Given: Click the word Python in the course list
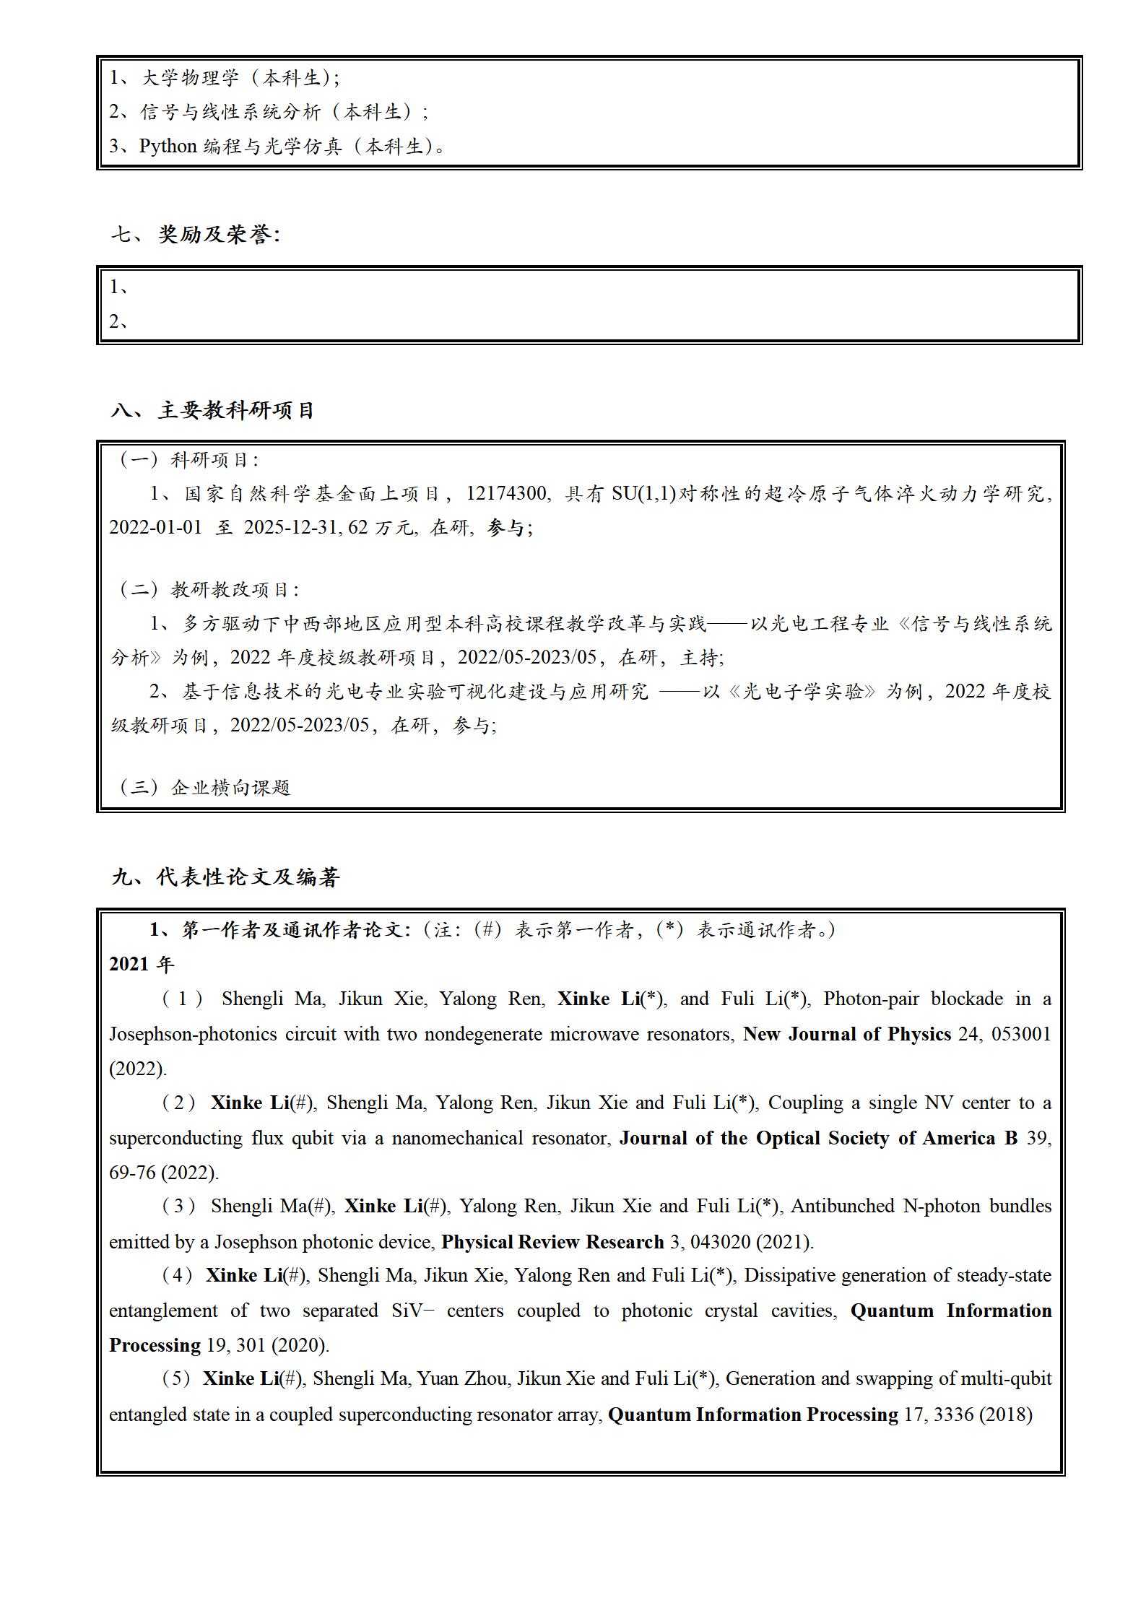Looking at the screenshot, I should (x=168, y=147).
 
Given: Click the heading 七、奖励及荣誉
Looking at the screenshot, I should (x=195, y=235).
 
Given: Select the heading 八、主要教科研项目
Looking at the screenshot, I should (x=213, y=411).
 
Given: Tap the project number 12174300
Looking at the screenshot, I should (x=506, y=494).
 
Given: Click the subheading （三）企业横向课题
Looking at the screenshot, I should (x=204, y=787).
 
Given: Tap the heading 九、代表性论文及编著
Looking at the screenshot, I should (x=225, y=877).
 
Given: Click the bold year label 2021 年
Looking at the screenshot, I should (x=142, y=964).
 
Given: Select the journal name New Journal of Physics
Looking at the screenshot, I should (x=846, y=1034).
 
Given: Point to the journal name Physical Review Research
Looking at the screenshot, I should (x=552, y=1242).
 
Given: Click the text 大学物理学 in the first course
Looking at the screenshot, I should (x=189, y=78).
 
